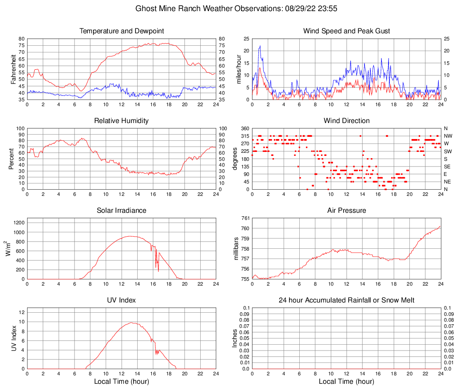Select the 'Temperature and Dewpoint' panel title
(x=122, y=31)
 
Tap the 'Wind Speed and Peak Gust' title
(x=346, y=31)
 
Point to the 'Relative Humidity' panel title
(x=122, y=121)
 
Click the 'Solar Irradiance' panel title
(x=122, y=210)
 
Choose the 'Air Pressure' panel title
(x=346, y=210)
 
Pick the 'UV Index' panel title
(x=122, y=300)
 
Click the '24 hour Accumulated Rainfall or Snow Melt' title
(x=346, y=300)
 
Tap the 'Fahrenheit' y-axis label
(x=13, y=69)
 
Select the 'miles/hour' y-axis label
(x=238, y=69)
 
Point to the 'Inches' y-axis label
(x=235, y=338)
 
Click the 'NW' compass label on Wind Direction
(x=448, y=136)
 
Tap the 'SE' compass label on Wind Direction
(x=447, y=166)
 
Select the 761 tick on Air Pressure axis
(x=245, y=218)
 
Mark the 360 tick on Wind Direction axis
(x=245, y=128)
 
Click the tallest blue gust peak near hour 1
(x=260, y=46)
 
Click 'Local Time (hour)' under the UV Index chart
(x=122, y=382)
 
